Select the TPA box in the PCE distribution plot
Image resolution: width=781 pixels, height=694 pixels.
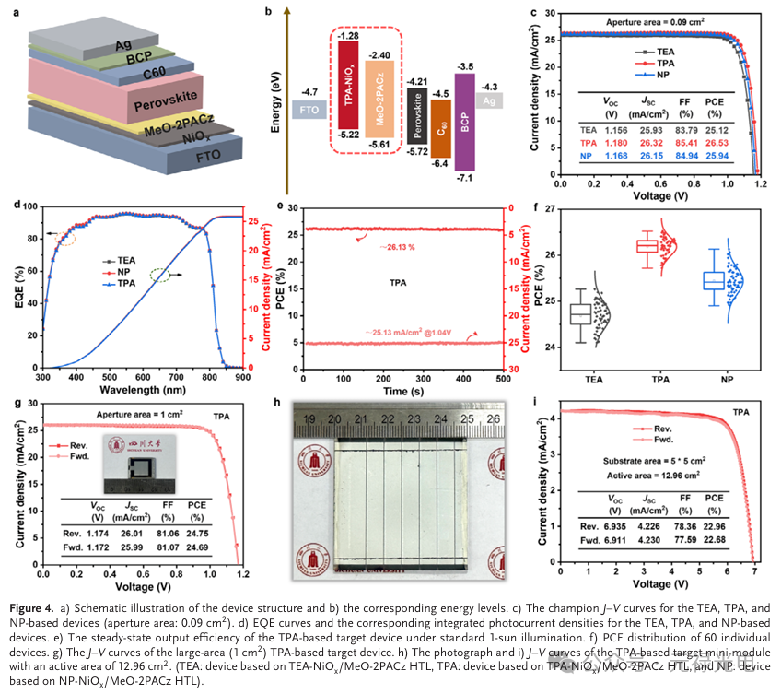647,245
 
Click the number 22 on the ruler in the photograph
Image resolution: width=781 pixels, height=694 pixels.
389,419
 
